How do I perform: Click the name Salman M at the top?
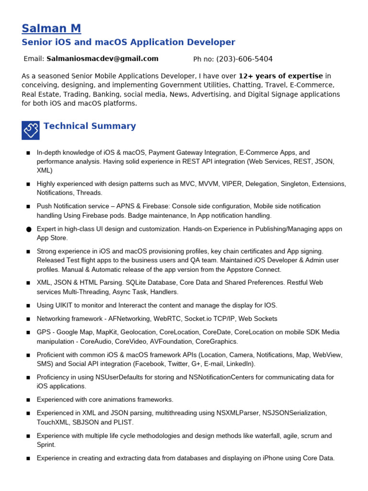(x=51, y=29)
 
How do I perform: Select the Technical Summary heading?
(x=90, y=126)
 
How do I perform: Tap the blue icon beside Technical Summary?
(x=31, y=130)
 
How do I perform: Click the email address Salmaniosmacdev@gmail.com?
(x=102, y=59)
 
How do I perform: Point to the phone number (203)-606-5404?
(x=244, y=59)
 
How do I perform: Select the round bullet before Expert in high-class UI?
(x=28, y=230)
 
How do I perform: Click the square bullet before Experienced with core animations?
(x=28, y=400)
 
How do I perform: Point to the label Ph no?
(x=204, y=59)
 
